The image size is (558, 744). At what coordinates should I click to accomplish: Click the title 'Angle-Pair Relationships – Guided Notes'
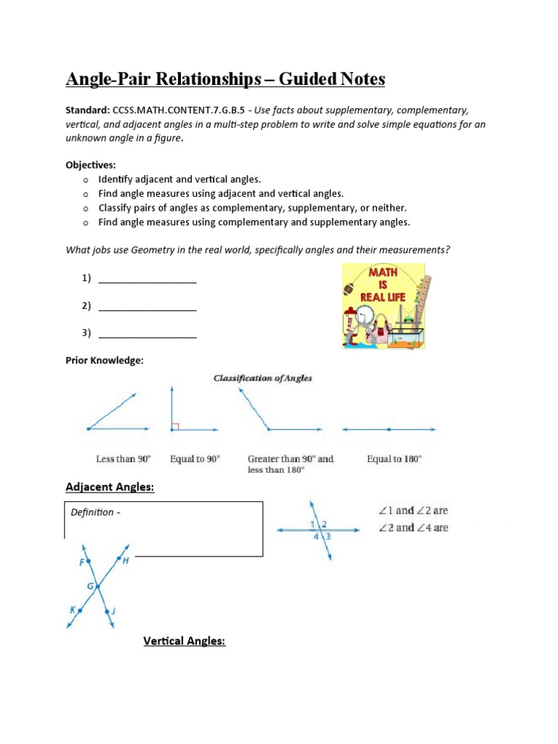225,79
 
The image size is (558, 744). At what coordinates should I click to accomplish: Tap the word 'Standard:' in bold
88,110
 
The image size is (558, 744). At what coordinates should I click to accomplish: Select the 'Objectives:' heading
92,166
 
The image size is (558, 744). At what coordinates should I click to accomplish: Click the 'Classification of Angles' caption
262,379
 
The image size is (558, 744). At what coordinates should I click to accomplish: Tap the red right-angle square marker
175,426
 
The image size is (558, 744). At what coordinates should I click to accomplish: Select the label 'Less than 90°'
124,459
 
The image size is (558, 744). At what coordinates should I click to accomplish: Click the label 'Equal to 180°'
394,459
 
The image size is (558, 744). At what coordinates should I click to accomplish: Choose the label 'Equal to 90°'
195,459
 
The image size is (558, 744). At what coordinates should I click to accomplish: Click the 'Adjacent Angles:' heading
110,488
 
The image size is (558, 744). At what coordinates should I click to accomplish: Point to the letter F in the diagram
81,562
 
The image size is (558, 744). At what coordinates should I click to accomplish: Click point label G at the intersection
91,585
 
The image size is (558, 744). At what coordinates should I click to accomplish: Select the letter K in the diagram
73,610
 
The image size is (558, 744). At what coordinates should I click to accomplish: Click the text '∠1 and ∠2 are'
413,511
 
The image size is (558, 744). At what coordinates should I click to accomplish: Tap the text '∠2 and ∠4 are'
413,527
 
